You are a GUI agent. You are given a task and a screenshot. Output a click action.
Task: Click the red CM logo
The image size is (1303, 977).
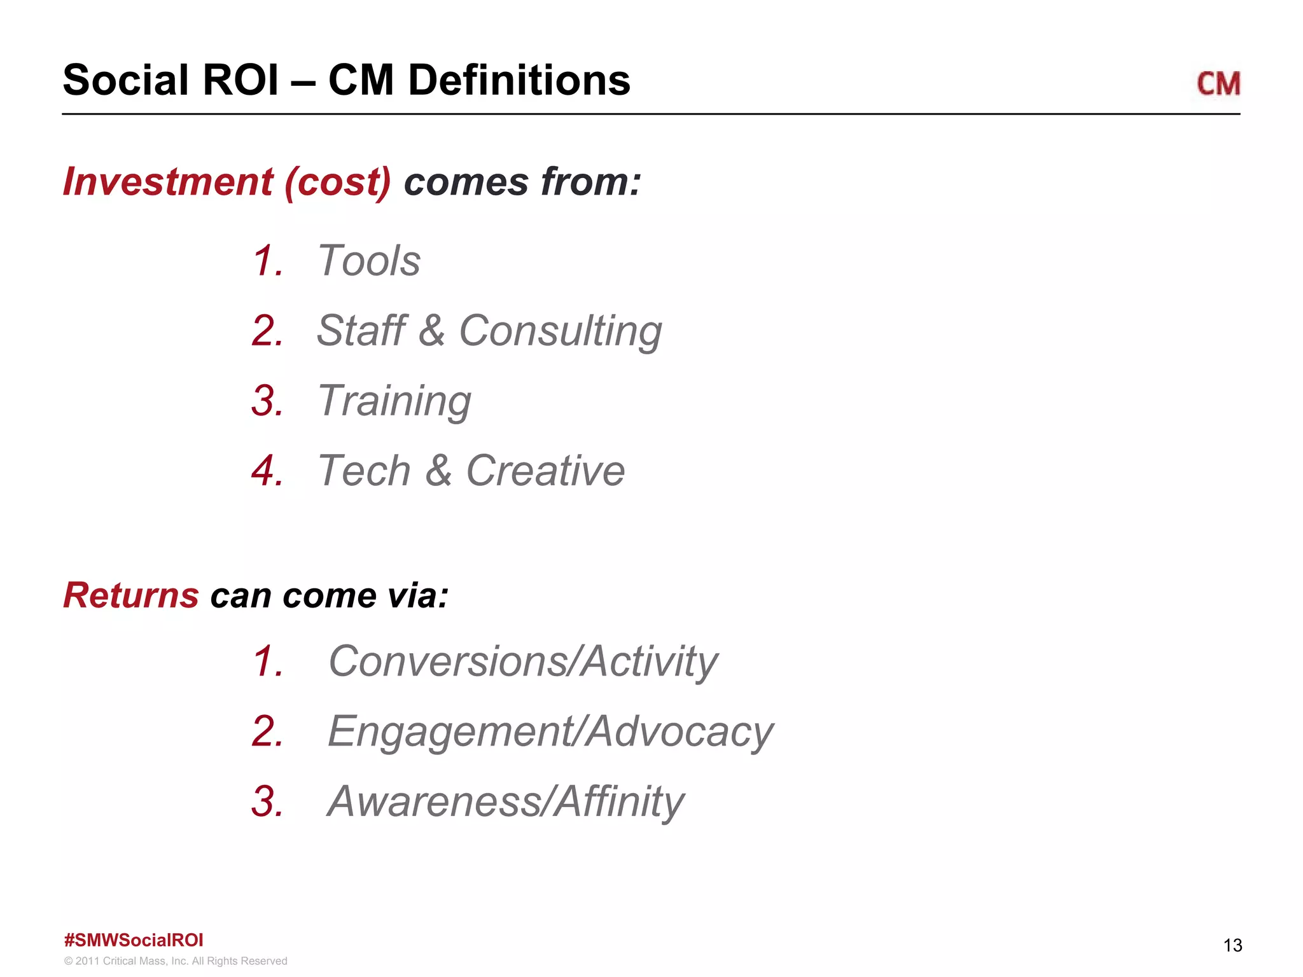coord(1218,84)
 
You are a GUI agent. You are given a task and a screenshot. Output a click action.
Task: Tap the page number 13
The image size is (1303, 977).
coord(1232,945)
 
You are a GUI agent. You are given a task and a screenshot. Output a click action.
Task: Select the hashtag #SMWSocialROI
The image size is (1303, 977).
coord(134,940)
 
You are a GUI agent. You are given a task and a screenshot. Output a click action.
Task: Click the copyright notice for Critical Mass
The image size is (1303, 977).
coord(176,961)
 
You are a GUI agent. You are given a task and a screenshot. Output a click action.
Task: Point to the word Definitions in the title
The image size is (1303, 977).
coord(519,81)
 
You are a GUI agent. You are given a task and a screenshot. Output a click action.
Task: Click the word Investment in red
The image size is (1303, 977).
coord(168,182)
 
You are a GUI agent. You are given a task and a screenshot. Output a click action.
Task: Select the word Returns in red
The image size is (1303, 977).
coord(131,595)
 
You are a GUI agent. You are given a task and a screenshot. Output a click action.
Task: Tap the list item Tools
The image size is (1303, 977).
coord(369,261)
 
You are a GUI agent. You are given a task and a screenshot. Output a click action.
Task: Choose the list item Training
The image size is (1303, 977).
coord(394,401)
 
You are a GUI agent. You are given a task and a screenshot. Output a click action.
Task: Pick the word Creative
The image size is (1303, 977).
coord(545,471)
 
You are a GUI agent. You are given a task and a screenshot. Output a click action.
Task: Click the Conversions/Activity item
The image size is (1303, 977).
coord(523,662)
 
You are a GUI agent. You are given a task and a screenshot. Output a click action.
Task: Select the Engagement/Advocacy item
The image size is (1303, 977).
coord(550,731)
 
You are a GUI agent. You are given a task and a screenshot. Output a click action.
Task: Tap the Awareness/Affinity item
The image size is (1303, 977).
coord(506,801)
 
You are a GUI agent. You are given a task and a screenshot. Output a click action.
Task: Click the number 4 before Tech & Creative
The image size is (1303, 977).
coord(266,471)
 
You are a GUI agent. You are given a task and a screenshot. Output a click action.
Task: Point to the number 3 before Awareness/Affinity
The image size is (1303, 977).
coord(266,801)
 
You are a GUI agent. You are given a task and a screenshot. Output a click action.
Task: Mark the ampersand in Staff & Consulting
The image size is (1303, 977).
coord(432,331)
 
